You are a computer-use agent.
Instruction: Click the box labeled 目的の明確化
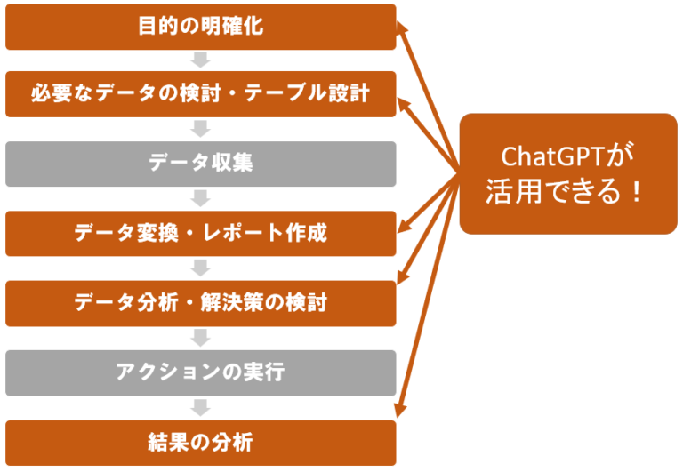201,27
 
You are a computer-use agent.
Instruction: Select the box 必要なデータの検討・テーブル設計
201,94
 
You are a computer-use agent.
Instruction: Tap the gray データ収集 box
201,164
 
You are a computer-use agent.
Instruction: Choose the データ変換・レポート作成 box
201,234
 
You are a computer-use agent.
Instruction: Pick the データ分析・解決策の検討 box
201,303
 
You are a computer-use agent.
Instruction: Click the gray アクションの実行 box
201,373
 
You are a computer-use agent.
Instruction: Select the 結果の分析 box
201,443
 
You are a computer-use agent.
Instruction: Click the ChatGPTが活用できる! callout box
568,173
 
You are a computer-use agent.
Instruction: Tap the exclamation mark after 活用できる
638,192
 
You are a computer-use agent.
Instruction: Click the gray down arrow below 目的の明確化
200,60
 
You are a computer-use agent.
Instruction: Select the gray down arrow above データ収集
200,129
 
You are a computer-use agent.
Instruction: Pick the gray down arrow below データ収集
200,198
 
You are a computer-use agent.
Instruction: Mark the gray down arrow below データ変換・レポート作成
200,268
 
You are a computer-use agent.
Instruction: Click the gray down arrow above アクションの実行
200,338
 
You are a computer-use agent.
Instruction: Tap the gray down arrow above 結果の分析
200,408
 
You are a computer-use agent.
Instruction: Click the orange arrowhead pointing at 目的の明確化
401,28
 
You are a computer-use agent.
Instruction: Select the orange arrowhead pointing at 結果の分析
401,410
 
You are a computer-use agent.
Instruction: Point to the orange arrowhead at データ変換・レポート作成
403,226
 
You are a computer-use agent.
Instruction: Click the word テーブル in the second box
285,93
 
